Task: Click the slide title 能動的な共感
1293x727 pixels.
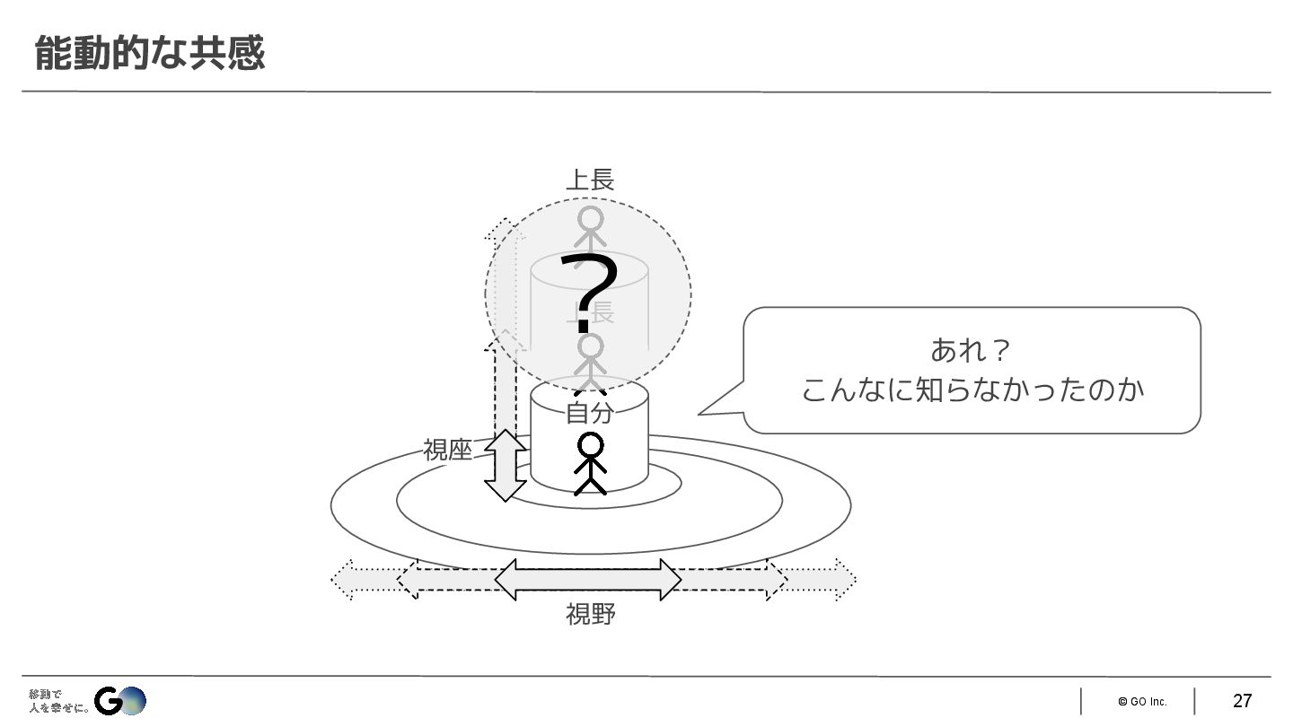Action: coord(149,53)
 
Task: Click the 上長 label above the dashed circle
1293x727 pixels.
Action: coord(589,180)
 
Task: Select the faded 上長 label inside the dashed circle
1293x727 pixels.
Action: coord(590,312)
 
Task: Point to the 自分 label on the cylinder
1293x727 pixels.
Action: coord(589,413)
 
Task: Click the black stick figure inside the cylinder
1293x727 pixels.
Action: coord(590,463)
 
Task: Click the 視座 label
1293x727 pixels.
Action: coord(447,450)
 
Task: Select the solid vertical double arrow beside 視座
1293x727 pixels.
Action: coord(506,465)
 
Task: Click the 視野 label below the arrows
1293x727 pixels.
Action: coord(590,615)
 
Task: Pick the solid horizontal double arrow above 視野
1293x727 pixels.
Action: coord(588,580)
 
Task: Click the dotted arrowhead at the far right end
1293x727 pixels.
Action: coord(844,579)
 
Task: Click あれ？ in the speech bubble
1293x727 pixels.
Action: coord(971,349)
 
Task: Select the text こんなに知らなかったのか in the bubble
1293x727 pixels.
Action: coord(972,390)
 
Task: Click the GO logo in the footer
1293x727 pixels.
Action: coord(120,700)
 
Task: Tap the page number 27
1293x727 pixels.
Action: coord(1242,701)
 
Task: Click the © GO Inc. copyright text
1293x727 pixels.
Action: coord(1142,702)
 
